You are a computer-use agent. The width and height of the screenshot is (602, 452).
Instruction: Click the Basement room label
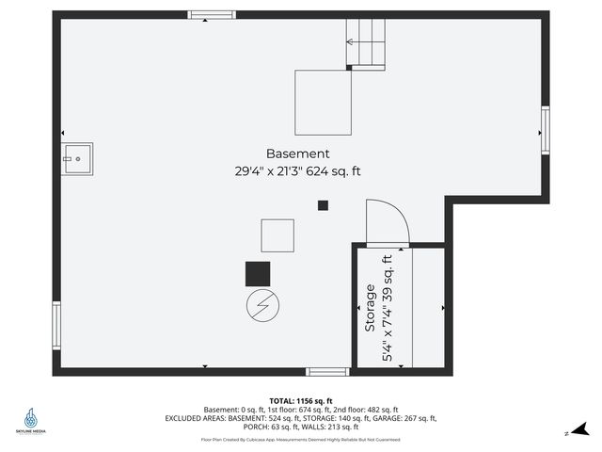(x=297, y=153)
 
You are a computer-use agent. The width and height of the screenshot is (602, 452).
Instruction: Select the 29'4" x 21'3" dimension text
(x=271, y=171)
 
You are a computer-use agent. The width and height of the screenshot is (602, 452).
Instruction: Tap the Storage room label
(x=370, y=307)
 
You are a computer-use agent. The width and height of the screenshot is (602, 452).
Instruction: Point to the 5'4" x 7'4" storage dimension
(x=387, y=308)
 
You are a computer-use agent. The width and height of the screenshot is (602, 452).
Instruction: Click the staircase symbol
(x=367, y=44)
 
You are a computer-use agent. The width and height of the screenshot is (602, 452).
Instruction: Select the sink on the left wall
(x=78, y=159)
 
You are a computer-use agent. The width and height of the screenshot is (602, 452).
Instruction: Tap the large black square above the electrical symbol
(x=258, y=274)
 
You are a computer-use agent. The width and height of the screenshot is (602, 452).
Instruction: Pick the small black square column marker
(x=323, y=205)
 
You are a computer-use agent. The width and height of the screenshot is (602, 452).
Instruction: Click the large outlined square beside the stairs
(x=324, y=102)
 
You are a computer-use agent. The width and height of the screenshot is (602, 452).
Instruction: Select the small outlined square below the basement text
(x=277, y=234)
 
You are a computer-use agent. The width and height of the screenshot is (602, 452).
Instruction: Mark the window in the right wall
(x=545, y=129)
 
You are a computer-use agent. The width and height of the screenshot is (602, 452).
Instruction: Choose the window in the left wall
(x=56, y=325)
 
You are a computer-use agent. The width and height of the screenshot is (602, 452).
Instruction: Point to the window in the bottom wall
(x=327, y=372)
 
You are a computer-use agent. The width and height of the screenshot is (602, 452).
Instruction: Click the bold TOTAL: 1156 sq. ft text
(x=300, y=400)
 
